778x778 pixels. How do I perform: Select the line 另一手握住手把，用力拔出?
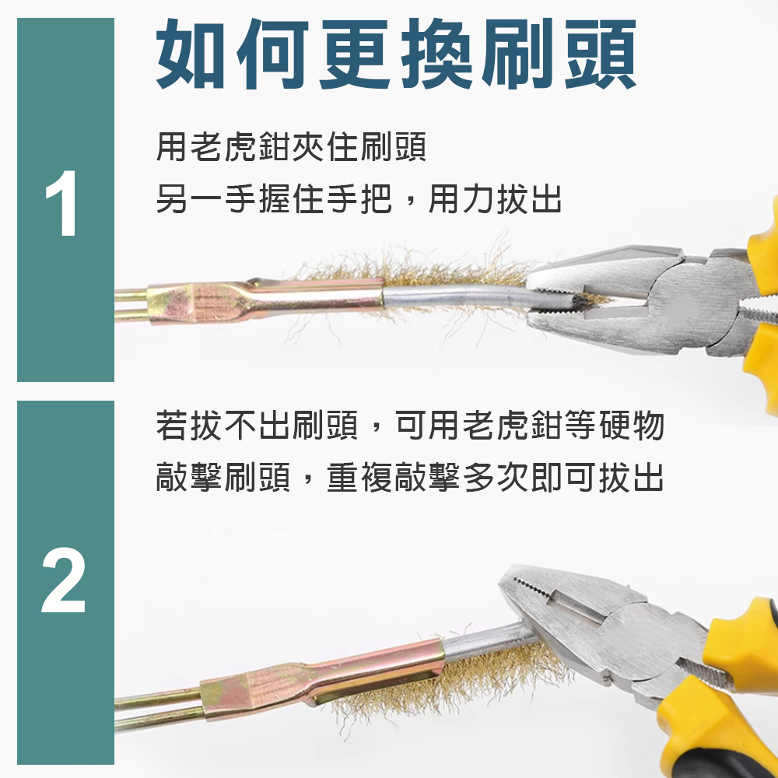[359, 200]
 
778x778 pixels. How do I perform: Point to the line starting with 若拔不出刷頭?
[409, 426]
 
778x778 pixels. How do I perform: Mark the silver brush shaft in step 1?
[451, 296]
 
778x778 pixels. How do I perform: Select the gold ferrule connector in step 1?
[265, 298]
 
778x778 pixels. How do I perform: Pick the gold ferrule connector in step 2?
[327, 678]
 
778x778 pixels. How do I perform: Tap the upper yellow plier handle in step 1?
[762, 241]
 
